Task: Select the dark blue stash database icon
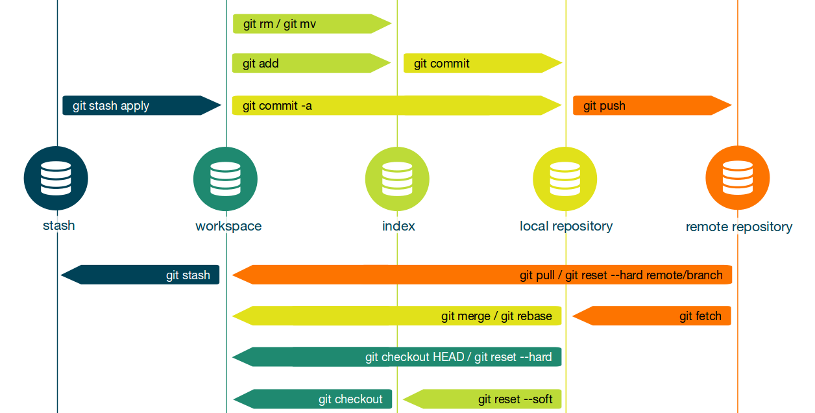tap(56, 178)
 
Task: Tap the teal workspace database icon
tap(225, 179)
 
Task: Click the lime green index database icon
tap(397, 179)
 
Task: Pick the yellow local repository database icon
tap(565, 179)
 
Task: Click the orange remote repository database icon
tap(737, 179)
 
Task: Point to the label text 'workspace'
tap(228, 227)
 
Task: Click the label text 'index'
tap(398, 227)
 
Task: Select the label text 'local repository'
tap(566, 227)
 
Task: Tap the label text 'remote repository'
tap(738, 227)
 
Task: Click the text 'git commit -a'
tap(277, 106)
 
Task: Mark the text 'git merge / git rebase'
tap(496, 317)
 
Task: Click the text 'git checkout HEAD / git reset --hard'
tap(458, 357)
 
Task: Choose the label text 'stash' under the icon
tap(58, 226)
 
